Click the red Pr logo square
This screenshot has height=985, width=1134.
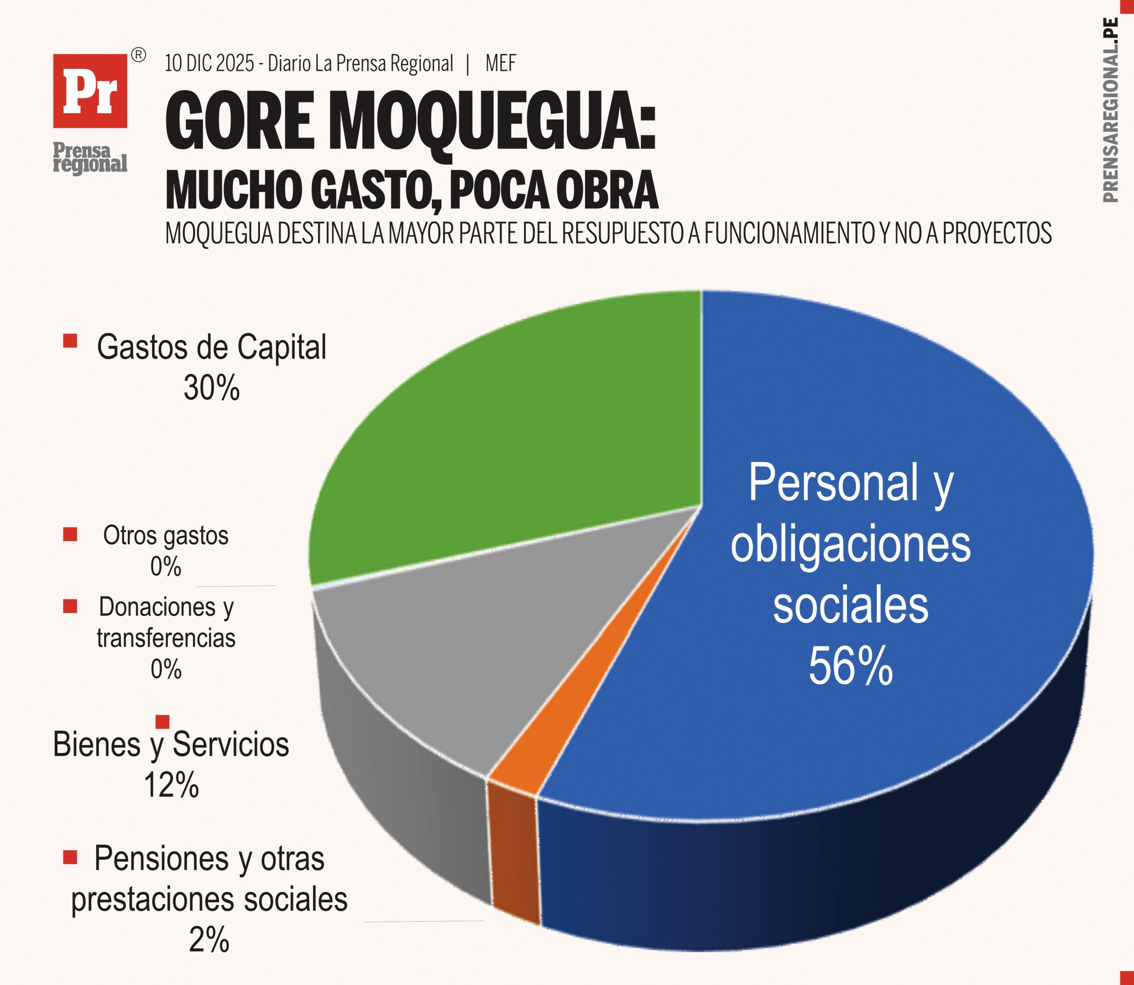(x=90, y=91)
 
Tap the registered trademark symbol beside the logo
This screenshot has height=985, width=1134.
(x=139, y=55)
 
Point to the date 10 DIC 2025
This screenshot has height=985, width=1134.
(x=210, y=64)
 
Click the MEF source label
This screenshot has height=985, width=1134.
(x=501, y=64)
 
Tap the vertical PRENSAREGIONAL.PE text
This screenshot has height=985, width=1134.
(x=1110, y=110)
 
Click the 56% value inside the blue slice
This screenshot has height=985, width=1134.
(x=850, y=666)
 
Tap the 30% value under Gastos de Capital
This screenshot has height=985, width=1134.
(x=212, y=388)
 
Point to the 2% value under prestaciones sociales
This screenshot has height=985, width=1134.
(x=209, y=940)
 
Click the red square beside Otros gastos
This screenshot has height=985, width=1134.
(x=70, y=534)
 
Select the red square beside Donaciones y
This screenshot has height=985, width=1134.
(x=70, y=606)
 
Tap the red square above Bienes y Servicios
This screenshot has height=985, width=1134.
(x=163, y=722)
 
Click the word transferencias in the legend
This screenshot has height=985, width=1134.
(x=166, y=638)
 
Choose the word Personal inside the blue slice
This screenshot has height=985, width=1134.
(x=833, y=483)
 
